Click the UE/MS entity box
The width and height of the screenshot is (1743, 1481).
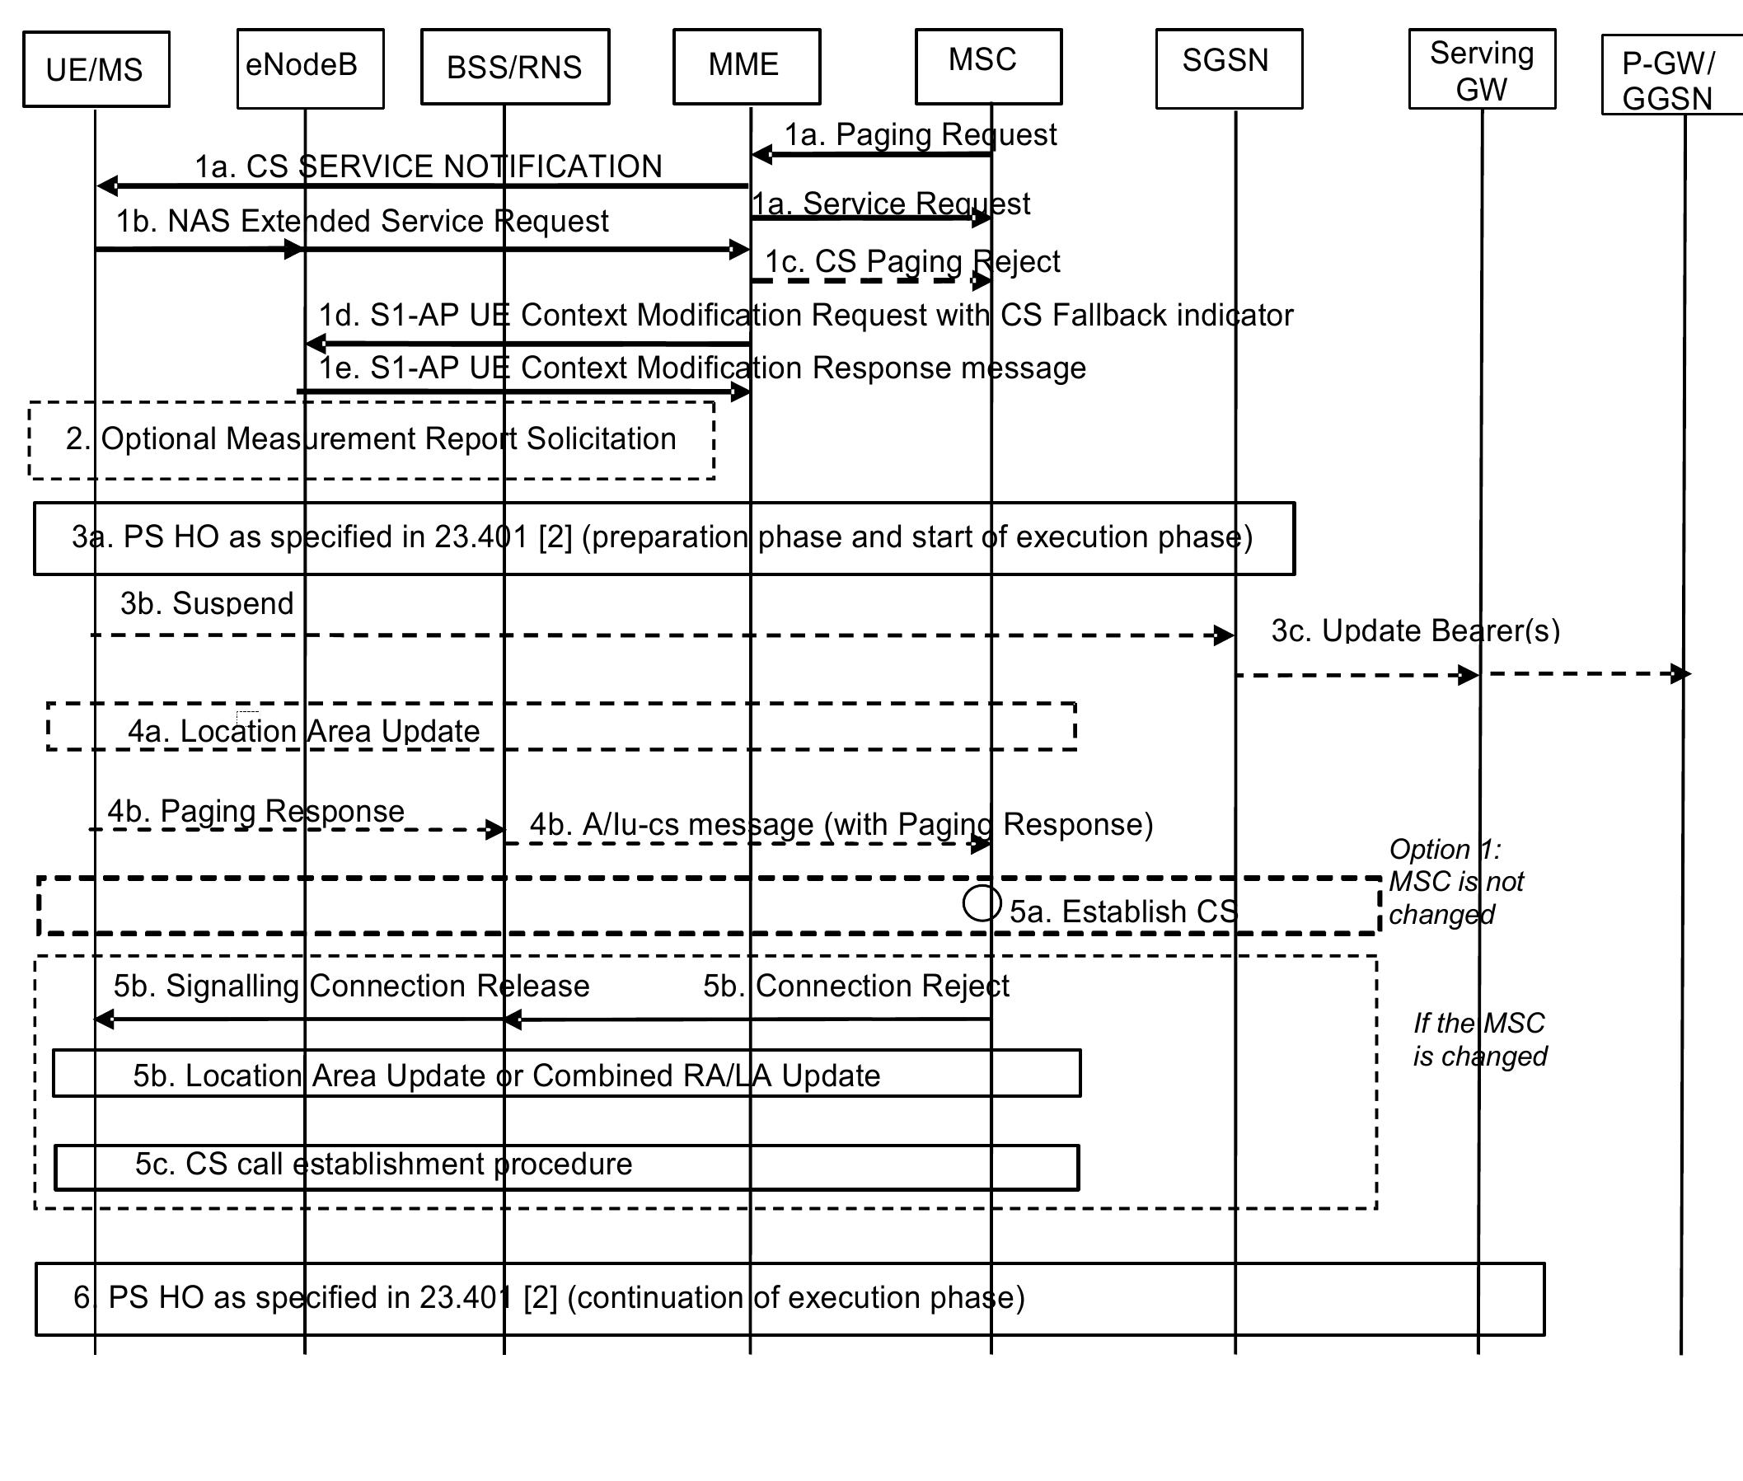(96, 70)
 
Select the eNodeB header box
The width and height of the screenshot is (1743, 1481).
(310, 69)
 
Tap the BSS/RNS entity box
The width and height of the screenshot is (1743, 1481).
(515, 67)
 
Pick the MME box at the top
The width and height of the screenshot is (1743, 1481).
(746, 66)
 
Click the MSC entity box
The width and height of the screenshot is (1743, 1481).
(987, 66)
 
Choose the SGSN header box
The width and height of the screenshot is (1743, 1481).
(1228, 69)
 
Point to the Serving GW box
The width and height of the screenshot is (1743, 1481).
(1481, 70)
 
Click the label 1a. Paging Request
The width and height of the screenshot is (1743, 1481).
(920, 134)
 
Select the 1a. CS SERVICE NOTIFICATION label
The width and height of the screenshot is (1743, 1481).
(429, 166)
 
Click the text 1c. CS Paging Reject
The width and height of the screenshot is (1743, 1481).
(911, 261)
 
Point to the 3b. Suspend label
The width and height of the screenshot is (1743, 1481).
(207, 602)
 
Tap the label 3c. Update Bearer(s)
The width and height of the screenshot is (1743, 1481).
(1415, 630)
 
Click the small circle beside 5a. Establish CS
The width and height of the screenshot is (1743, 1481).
(982, 903)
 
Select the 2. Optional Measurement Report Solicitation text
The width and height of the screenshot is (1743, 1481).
(370, 438)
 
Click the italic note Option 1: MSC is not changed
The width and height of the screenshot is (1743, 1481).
(1455, 882)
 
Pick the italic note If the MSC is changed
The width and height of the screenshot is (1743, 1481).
(1478, 1039)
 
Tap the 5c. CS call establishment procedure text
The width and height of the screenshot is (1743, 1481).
(383, 1164)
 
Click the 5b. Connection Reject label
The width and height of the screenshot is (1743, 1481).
(855, 986)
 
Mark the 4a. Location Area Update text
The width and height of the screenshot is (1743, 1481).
(303, 730)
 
